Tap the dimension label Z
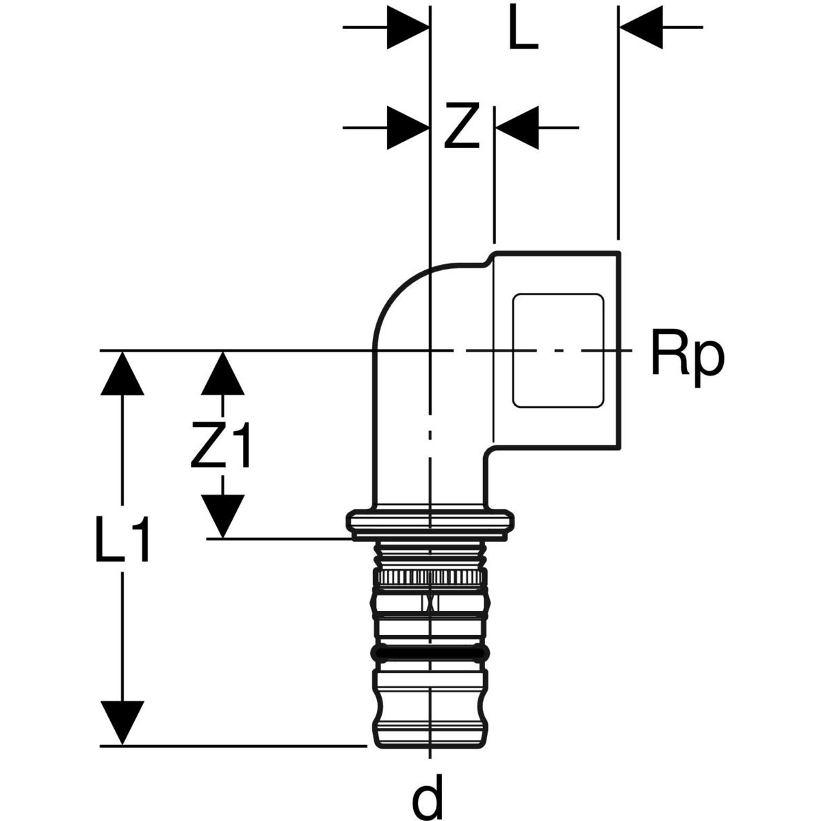(460, 127)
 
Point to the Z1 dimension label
(221, 445)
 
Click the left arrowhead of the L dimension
(408, 27)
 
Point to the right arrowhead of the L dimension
(640, 27)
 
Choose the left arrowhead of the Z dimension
(408, 127)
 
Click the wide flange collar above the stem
(430, 522)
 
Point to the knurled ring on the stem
(429, 578)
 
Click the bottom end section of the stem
(428, 725)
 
